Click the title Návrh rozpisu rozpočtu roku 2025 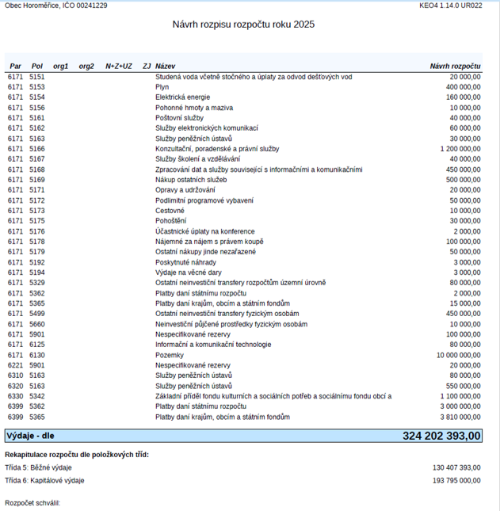[243, 25]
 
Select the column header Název [166, 66]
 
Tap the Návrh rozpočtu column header [455, 66]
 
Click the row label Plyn [162, 86]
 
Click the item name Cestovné [170, 211]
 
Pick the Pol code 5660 [37, 324]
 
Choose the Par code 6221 [16, 365]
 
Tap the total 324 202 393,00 [441, 435]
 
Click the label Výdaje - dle [30, 435]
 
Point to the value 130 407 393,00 [456, 467]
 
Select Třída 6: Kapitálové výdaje [44, 480]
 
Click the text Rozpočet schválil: [32, 503]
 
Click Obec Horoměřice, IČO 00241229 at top [55, 6]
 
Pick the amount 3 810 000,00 [456, 417]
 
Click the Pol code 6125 [37, 345]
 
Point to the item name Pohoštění [170, 221]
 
